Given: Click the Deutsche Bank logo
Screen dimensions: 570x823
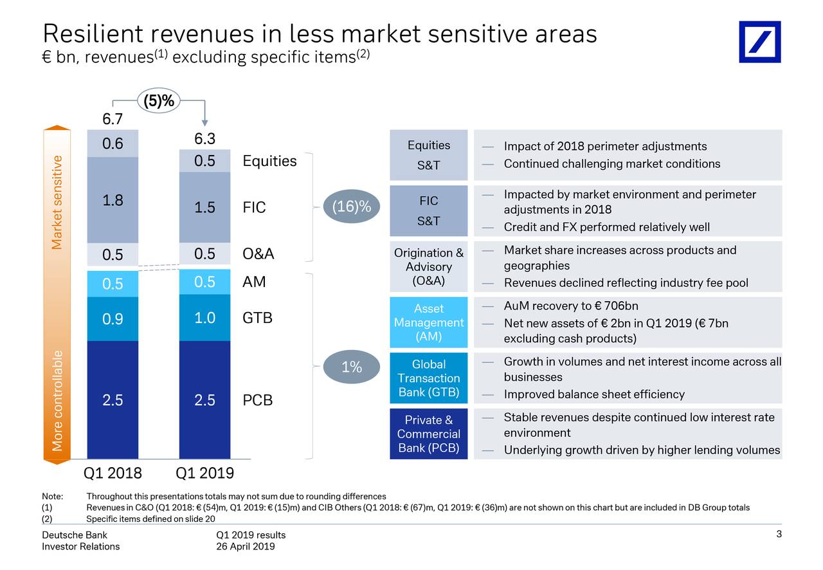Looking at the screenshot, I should point(759,42).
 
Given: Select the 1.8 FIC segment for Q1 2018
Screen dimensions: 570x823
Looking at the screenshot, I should point(113,200).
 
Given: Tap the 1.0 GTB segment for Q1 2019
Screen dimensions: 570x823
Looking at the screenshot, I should point(204,318).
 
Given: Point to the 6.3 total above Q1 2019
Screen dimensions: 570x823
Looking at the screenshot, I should point(204,140).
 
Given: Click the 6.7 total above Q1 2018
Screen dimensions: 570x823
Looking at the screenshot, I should point(113,119).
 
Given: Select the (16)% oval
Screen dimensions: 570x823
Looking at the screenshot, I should point(351,207).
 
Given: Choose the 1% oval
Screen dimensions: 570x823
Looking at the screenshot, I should point(351,367).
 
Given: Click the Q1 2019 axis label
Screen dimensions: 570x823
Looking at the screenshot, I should point(204,474).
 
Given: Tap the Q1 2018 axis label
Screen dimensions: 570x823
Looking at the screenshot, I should point(113,474).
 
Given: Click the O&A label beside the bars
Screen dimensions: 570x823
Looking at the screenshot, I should point(258,253).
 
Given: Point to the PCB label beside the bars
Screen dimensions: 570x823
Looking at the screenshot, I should point(258,400).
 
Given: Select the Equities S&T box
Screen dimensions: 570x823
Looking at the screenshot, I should point(428,155).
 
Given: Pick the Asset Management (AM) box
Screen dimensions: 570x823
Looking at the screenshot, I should point(428,322).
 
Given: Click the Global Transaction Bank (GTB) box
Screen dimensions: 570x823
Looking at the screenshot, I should point(428,378).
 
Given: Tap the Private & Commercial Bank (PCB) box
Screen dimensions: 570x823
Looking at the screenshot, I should point(428,434).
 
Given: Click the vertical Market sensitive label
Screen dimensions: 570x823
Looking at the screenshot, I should point(58,202).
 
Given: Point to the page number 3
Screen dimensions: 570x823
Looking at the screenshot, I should point(779,535).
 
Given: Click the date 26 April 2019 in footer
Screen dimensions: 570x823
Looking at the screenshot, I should point(246,547).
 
